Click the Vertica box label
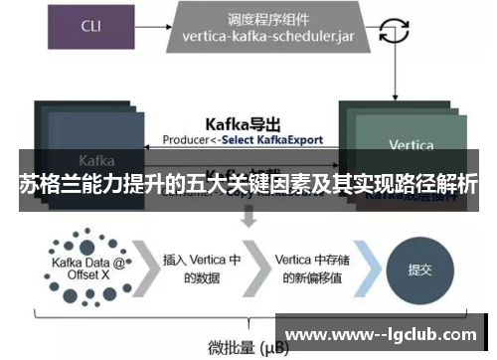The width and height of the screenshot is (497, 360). click(411, 145)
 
